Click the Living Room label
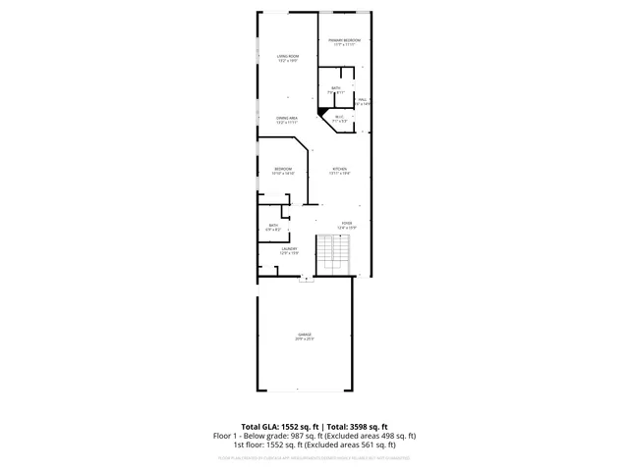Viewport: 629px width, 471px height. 288,57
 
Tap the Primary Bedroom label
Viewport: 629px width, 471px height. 344,40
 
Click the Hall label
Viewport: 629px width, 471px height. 363,99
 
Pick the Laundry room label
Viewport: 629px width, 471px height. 288,249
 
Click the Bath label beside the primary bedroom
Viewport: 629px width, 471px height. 336,89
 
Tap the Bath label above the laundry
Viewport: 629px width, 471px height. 273,226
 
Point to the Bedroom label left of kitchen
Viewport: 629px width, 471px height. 283,169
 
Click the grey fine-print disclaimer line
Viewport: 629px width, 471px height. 314,457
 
